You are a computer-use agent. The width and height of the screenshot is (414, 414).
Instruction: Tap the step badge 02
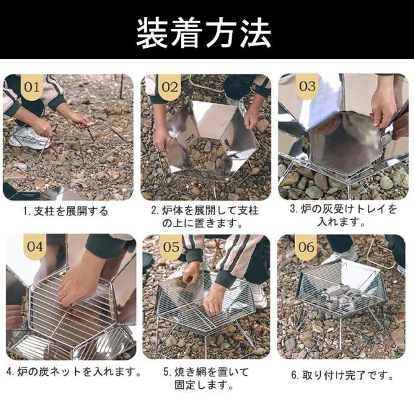point(170,85)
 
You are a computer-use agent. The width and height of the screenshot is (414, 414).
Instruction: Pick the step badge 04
point(34,246)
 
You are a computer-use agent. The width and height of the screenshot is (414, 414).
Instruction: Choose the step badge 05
point(170,246)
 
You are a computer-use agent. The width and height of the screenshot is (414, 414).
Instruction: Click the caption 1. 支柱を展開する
point(67,211)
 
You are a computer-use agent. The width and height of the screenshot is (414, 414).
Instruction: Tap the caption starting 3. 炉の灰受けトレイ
point(341,215)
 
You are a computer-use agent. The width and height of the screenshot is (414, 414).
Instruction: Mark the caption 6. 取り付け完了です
point(341,375)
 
